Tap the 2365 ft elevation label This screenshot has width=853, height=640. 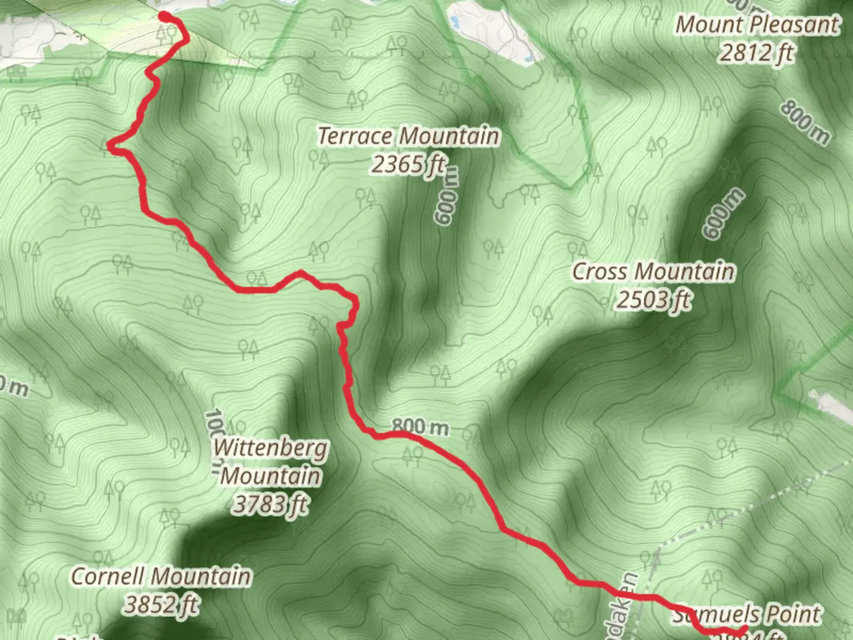click(x=408, y=164)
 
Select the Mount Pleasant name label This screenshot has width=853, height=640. click(x=758, y=25)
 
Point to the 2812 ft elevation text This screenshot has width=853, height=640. click(x=756, y=53)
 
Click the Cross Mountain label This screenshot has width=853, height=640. click(x=653, y=271)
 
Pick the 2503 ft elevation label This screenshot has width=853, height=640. click(x=653, y=299)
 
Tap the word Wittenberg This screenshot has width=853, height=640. click(x=271, y=448)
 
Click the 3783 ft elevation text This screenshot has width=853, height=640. click(x=271, y=504)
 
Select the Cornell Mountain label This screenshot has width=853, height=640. click(x=161, y=576)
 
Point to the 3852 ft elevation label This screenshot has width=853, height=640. click(x=161, y=604)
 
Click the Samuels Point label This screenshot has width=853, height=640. click(x=748, y=615)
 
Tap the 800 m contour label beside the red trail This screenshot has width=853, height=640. click(x=420, y=426)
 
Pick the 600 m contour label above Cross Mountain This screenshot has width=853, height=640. click(x=723, y=213)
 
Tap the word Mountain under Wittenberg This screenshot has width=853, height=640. click(x=271, y=476)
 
